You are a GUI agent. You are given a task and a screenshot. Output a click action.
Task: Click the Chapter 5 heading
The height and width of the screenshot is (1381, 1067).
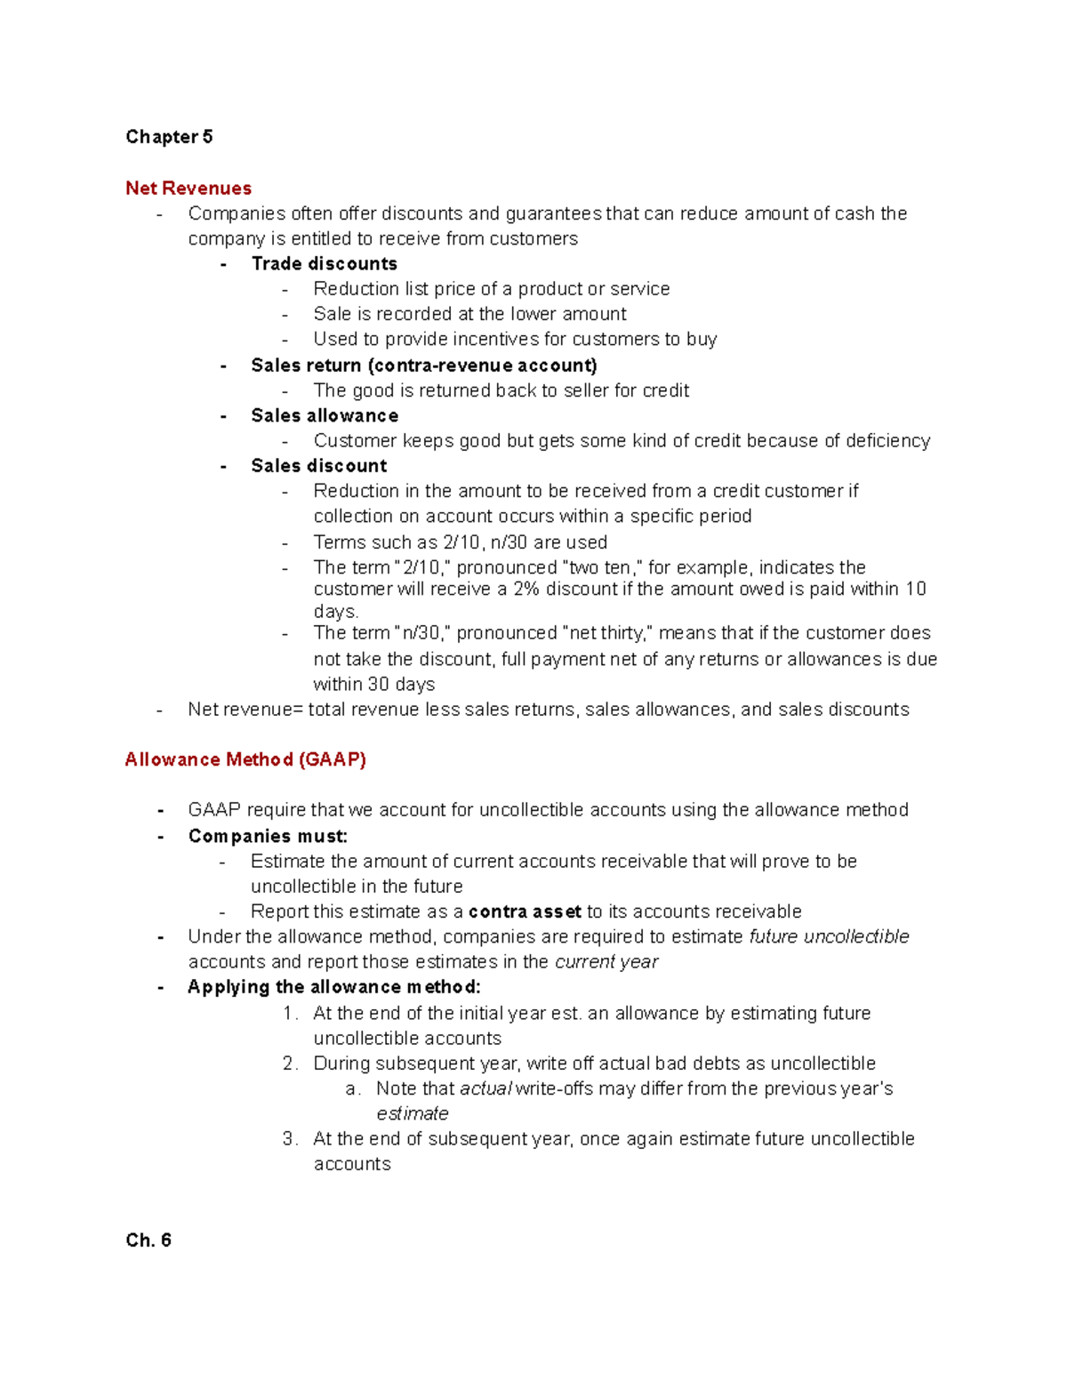point(169,137)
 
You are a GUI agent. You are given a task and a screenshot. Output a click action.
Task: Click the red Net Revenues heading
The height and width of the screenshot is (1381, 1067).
point(189,189)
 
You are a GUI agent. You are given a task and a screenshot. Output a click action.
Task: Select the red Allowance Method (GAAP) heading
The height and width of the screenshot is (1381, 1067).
point(245,759)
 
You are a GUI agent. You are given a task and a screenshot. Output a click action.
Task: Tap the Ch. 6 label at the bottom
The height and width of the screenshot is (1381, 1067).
point(148,1240)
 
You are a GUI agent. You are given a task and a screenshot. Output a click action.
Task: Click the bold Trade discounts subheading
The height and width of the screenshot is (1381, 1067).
point(324,264)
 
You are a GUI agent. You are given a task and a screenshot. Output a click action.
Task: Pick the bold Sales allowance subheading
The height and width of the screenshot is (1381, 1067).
point(325,416)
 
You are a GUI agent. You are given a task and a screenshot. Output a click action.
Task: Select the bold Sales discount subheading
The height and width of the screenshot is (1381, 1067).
point(318,466)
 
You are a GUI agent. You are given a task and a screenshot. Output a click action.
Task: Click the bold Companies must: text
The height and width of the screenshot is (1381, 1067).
point(268,837)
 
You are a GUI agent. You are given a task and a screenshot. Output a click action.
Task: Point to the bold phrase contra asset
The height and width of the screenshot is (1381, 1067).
point(525,911)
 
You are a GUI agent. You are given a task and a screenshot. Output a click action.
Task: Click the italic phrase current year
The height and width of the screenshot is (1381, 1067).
point(606,962)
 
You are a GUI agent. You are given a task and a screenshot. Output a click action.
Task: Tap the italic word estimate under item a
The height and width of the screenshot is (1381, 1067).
point(413,1114)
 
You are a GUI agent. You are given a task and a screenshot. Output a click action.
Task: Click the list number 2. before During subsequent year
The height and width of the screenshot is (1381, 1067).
point(290,1064)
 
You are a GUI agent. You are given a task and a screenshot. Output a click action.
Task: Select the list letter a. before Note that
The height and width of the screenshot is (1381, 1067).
point(353,1089)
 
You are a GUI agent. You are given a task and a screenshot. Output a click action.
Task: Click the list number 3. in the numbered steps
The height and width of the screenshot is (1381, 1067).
point(290,1139)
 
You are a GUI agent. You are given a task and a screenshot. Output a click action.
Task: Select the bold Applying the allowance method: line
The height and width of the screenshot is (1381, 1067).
point(334,987)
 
